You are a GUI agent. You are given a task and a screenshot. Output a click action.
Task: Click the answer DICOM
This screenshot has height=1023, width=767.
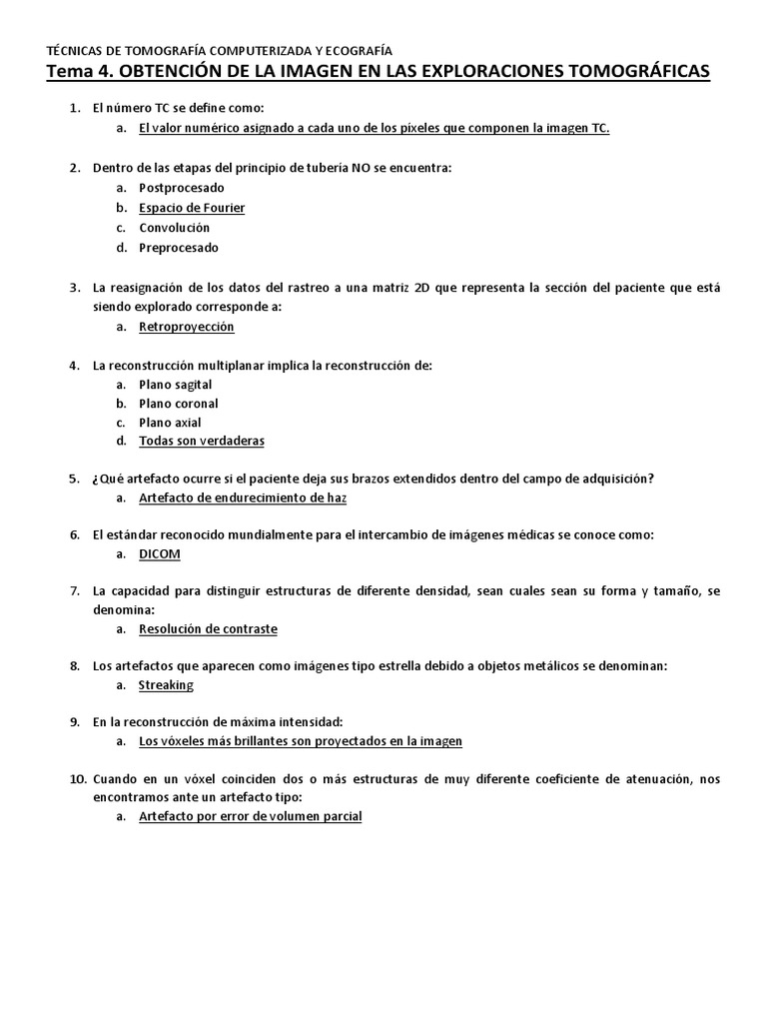[x=159, y=553]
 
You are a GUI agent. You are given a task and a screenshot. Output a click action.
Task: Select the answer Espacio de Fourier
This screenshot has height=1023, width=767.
[x=192, y=208]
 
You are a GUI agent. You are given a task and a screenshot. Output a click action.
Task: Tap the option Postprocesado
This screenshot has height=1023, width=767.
[x=182, y=188]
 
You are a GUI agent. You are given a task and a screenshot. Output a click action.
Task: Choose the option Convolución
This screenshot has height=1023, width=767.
[x=174, y=228]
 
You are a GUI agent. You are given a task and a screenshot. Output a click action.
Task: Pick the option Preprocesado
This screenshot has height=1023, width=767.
[x=178, y=248]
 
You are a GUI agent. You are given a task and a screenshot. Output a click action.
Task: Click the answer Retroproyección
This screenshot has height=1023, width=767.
[x=187, y=326]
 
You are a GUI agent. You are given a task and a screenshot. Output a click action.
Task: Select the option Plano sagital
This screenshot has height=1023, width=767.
[x=175, y=385]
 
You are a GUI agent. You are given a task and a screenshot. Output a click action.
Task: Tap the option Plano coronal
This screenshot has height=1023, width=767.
[x=178, y=404]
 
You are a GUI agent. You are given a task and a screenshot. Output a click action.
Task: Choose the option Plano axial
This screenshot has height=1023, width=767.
[x=170, y=423]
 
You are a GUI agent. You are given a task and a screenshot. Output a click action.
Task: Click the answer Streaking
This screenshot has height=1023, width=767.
[x=166, y=685]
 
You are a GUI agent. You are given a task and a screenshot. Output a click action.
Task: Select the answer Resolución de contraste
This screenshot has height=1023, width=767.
[x=208, y=629]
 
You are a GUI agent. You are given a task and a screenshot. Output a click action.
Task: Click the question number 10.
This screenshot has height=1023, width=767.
[x=78, y=778]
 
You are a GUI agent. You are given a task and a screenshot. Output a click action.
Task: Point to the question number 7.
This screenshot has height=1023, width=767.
[x=74, y=591]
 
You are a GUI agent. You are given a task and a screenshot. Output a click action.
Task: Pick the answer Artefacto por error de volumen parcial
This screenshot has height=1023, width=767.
[x=250, y=816]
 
